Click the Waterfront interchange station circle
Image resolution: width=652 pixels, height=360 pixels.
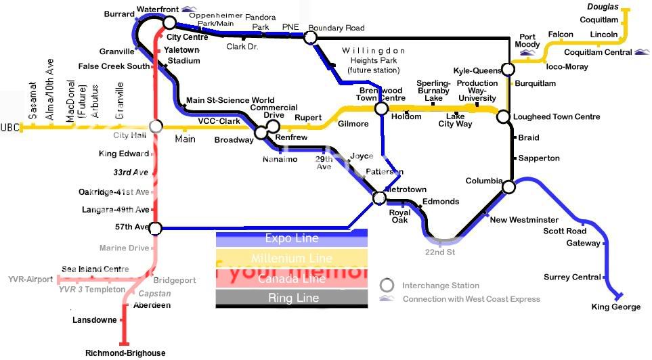click(169, 22)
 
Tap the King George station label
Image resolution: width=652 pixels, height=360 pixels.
click(615, 307)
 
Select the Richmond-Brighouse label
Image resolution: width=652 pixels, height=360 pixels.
click(125, 353)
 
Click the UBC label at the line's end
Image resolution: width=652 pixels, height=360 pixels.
click(10, 127)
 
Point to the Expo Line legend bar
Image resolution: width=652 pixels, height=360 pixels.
click(291, 238)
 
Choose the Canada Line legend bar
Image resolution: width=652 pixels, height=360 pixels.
click(291, 278)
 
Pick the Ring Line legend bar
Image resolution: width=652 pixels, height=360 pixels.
click(291, 298)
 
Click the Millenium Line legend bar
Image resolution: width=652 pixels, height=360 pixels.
click(291, 258)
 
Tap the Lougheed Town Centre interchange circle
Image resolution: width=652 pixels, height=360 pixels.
click(503, 117)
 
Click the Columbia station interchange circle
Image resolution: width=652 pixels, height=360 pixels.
click(509, 186)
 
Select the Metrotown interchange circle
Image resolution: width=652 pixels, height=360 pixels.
click(379, 198)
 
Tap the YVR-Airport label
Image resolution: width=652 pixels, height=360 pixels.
click(30, 279)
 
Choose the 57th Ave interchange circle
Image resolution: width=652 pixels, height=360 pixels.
click(155, 228)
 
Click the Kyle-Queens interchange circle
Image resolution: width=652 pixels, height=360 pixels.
click(507, 70)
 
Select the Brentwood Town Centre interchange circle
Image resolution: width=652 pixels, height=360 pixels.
click(381, 108)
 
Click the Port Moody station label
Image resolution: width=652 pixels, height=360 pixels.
click(527, 41)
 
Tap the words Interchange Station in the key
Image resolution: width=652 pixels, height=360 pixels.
click(441, 286)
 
